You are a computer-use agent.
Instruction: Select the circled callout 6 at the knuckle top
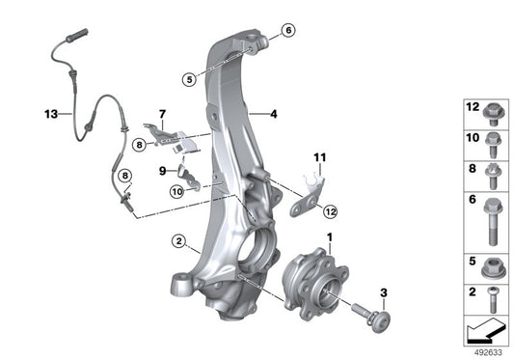coord(288,31)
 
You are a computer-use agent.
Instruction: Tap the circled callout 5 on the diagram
coord(192,74)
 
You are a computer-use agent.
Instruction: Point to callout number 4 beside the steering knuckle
coord(274,114)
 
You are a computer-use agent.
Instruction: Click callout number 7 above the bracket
coord(162,113)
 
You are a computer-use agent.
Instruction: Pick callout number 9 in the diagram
coord(163,170)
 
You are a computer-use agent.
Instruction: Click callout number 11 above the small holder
coord(319,155)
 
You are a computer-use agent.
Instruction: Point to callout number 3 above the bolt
coord(383,291)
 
